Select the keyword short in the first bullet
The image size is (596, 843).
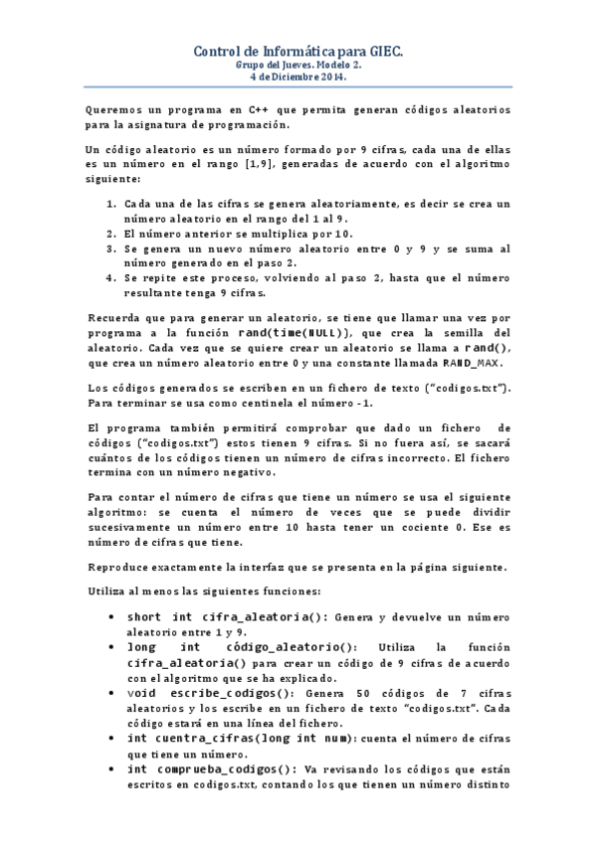(x=145, y=616)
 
